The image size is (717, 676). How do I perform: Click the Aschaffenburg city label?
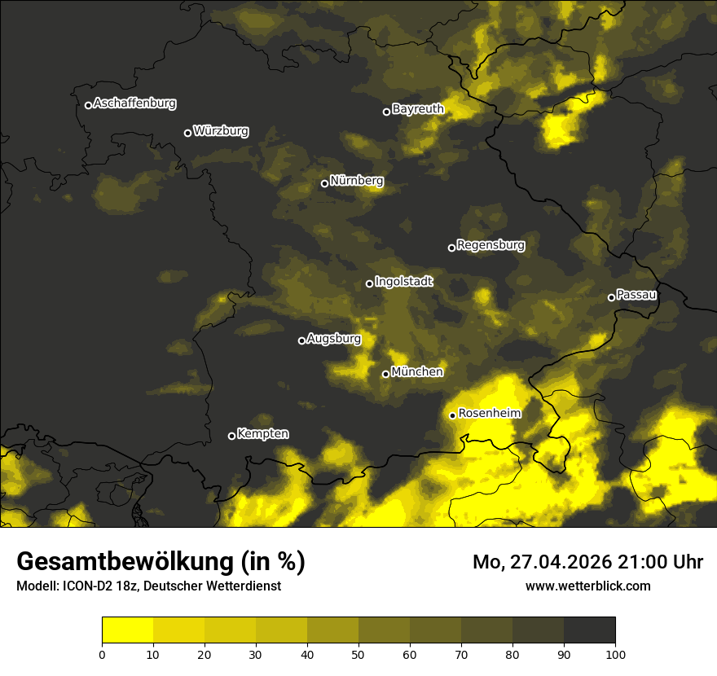coord(134,103)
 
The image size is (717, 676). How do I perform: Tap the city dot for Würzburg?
coord(187,133)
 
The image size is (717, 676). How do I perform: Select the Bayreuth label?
coord(418,109)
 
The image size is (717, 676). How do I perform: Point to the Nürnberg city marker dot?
coord(324,183)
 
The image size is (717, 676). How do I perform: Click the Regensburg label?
coord(490,245)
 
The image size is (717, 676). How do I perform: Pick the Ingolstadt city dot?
coord(369,283)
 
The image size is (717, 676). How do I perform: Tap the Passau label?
coord(637,295)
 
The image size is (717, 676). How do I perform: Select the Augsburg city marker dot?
coord(301,340)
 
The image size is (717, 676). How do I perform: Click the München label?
coord(417,372)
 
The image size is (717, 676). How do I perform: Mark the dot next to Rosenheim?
coord(452,415)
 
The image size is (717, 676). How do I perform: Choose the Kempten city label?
coord(262,434)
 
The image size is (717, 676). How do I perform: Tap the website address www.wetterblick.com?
coord(587,586)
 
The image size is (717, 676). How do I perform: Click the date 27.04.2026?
coord(554,562)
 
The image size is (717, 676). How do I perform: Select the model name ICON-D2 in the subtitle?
coord(86,586)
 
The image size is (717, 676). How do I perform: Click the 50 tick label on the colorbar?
coord(358,653)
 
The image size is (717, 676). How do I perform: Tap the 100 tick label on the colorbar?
coord(615,653)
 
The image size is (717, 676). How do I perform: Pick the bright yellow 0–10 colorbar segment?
coord(127,630)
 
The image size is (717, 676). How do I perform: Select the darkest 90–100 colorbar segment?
coord(589,630)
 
